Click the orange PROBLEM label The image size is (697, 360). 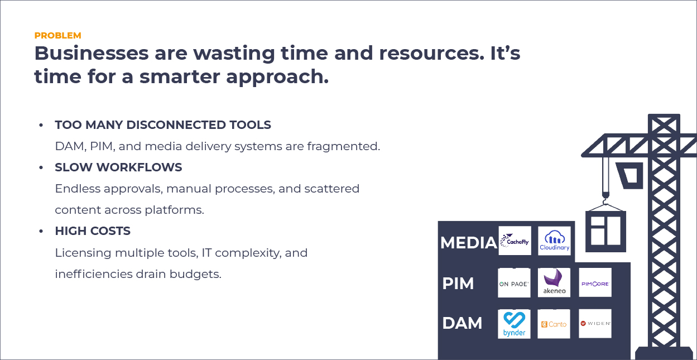[x=57, y=36]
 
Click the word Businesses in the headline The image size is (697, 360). [x=92, y=53]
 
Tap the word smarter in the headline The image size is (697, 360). [x=180, y=76]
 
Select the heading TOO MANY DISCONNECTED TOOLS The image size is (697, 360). [x=163, y=125]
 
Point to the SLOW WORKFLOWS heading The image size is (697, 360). [x=118, y=167]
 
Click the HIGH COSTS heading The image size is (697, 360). [x=93, y=231]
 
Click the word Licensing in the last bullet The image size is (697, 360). [x=83, y=253]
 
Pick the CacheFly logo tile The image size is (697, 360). [x=515, y=241]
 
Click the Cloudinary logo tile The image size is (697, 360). [x=554, y=241]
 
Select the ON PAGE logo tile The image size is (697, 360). [x=514, y=282]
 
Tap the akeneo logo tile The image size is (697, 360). [x=554, y=282]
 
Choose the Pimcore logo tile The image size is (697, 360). [x=595, y=282]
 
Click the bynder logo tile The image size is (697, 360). [x=514, y=324]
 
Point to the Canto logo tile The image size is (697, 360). [x=554, y=324]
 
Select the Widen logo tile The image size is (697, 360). [x=595, y=324]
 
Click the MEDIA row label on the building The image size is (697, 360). [x=468, y=243]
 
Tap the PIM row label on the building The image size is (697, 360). [x=458, y=284]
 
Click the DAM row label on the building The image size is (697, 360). [x=462, y=323]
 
